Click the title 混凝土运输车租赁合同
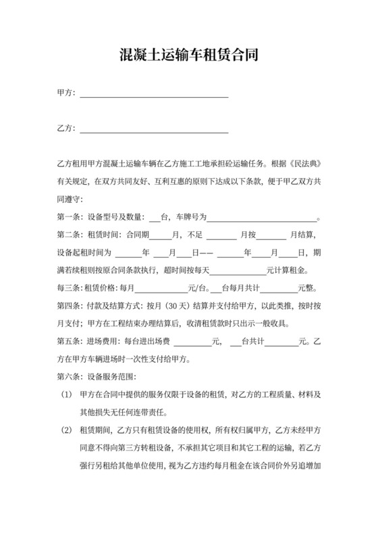188,55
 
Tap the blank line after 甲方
154,95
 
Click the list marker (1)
65,394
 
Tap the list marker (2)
65,429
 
